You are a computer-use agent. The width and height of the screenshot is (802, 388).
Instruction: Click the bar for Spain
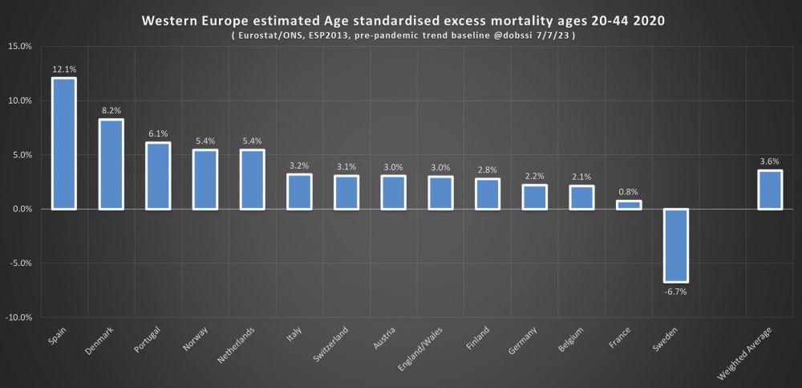64,144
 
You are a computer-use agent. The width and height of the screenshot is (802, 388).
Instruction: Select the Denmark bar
111,165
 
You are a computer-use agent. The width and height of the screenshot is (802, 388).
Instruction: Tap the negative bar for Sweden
675,245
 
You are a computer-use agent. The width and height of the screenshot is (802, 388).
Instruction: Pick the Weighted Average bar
769,190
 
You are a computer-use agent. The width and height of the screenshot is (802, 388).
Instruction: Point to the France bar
629,205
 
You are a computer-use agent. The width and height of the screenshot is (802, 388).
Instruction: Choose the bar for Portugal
158,176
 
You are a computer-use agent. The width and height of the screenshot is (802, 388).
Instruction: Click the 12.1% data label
64,69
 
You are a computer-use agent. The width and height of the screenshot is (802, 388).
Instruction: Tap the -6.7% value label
675,292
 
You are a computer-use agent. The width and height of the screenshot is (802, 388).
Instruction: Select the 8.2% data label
111,111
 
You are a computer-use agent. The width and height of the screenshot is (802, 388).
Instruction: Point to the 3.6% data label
769,161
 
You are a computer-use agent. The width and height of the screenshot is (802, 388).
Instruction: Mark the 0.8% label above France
629,192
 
